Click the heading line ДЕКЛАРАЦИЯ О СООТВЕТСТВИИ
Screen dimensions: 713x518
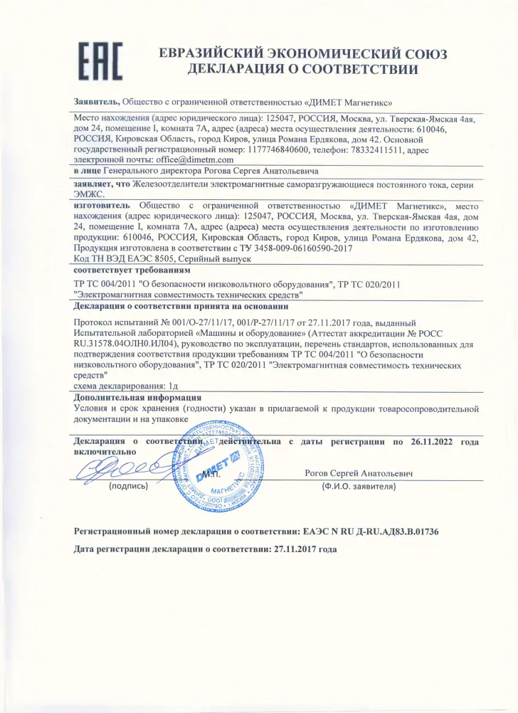(x=302, y=70)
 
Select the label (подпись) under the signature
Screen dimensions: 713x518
(x=128, y=487)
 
